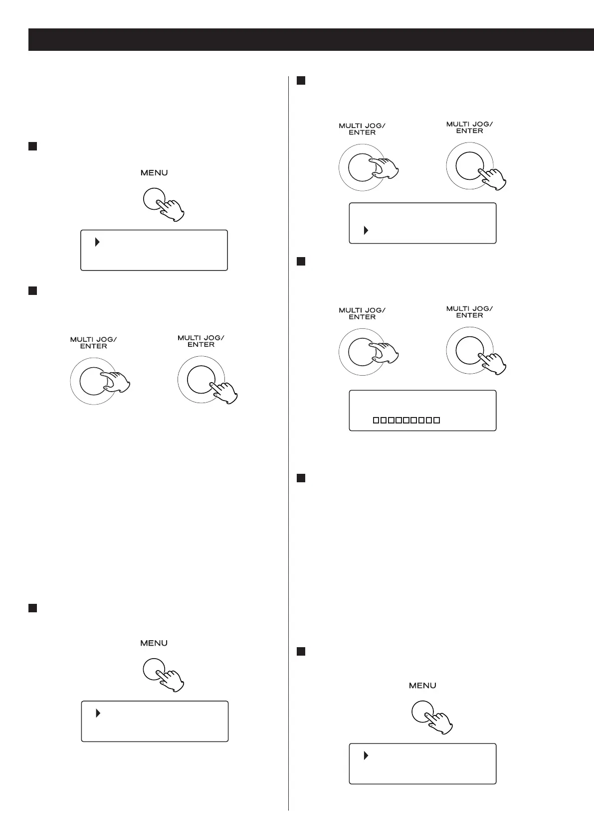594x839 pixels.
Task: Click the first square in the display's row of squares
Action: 377,420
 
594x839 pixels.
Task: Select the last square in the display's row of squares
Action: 437,420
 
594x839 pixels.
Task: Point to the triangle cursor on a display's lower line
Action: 366,231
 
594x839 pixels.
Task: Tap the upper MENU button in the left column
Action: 154,199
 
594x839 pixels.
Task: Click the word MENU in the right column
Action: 422,686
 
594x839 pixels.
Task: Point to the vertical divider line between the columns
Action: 289,448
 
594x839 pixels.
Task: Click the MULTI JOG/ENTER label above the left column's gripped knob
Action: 93,343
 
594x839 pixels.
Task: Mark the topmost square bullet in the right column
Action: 300,81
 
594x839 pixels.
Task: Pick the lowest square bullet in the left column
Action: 32,608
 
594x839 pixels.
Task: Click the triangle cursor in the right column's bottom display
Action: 366,756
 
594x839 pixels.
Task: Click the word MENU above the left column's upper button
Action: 154,173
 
